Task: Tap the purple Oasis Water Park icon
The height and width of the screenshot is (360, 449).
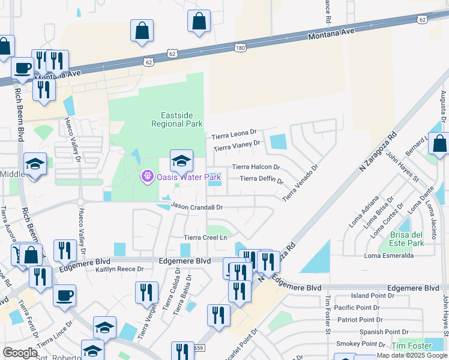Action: point(147,176)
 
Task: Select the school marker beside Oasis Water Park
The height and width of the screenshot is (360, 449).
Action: point(181,161)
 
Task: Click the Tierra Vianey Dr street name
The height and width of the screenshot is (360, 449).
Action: point(237,145)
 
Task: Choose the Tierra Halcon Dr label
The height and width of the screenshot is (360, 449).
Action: point(256,167)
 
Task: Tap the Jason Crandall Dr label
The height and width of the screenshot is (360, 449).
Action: point(197,206)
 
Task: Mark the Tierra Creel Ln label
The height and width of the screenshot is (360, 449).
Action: point(206,238)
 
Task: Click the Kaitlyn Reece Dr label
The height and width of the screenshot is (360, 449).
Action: point(120,269)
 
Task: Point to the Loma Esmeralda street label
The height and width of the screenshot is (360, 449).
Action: point(389,256)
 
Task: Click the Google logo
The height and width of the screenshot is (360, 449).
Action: point(20,352)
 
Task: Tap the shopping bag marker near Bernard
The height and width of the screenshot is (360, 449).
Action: point(439,144)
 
